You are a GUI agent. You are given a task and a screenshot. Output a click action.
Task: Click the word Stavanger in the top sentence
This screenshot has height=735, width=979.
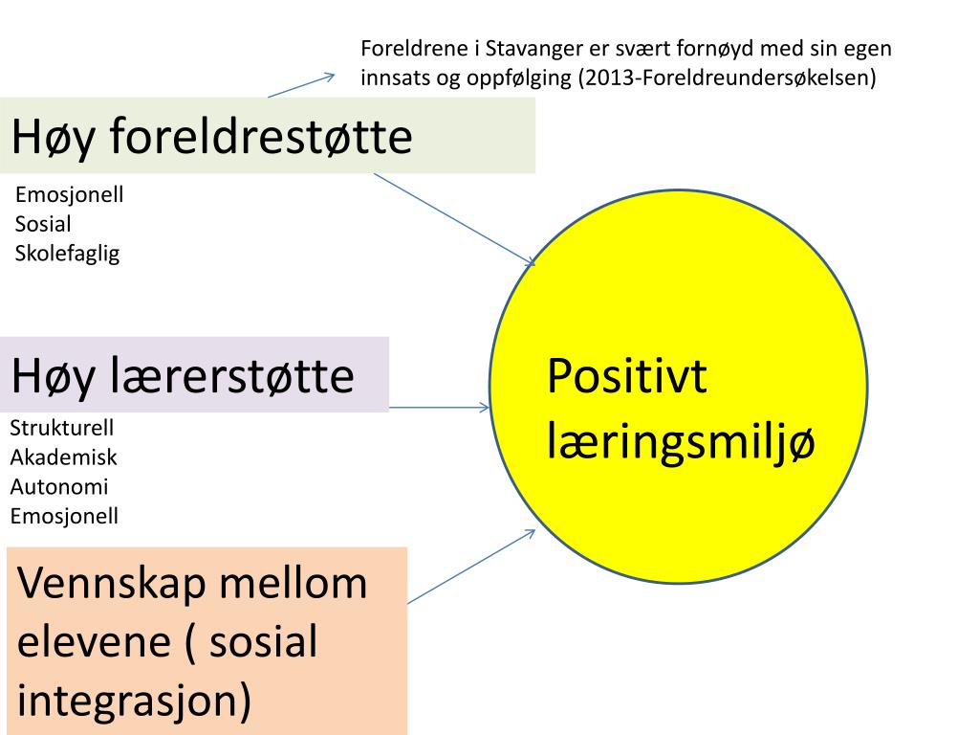pyautogui.click(x=530, y=49)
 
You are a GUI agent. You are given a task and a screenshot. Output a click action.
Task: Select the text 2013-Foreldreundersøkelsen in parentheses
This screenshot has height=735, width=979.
pyautogui.click(x=727, y=78)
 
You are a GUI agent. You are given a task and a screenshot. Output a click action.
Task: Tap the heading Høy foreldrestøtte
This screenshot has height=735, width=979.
pyautogui.click(x=211, y=137)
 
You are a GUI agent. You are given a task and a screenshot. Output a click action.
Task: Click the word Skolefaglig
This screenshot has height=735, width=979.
pyautogui.click(x=67, y=254)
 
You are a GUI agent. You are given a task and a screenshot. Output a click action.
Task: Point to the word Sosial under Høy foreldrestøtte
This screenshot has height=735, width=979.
pyautogui.click(x=43, y=225)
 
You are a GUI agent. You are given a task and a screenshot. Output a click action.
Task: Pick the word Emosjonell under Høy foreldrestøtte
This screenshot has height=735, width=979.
pyautogui.click(x=70, y=195)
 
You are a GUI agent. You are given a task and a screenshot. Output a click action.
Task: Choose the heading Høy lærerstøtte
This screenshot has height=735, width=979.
pyautogui.click(x=183, y=376)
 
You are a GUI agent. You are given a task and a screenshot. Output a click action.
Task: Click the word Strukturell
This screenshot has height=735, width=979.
pyautogui.click(x=61, y=428)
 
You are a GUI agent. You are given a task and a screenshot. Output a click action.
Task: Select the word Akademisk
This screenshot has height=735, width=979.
pyautogui.click(x=63, y=457)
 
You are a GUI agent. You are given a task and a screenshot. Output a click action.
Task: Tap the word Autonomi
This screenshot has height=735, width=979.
pyautogui.click(x=59, y=487)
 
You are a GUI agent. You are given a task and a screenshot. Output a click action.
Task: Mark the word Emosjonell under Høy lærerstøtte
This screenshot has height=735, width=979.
pyautogui.click(x=64, y=517)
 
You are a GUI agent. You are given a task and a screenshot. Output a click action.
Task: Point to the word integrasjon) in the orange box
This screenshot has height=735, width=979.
pyautogui.click(x=135, y=702)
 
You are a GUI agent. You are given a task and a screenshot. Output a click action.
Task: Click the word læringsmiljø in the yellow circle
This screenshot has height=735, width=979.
pyautogui.click(x=681, y=443)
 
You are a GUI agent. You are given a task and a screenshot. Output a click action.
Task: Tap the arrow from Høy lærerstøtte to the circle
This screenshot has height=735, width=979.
pyautogui.click(x=440, y=408)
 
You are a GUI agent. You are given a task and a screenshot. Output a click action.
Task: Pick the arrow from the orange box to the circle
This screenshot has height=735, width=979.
pyautogui.click(x=470, y=567)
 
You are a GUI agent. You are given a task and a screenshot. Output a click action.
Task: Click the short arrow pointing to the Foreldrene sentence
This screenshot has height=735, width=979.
pyautogui.click(x=301, y=85)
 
